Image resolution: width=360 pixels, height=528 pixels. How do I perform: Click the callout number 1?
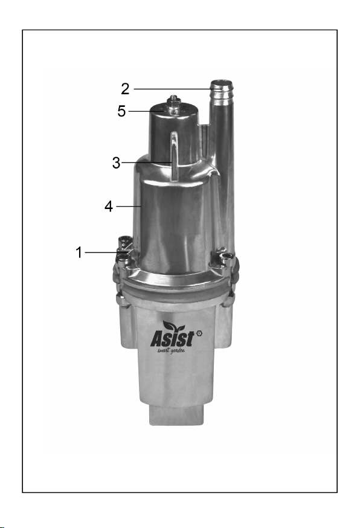click(x=79, y=253)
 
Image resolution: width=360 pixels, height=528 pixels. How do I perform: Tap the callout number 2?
click(x=125, y=89)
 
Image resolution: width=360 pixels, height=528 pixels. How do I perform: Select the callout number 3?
click(x=116, y=163)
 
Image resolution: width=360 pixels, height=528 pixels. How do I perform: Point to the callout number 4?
click(x=109, y=207)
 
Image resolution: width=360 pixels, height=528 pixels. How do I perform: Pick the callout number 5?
click(x=121, y=111)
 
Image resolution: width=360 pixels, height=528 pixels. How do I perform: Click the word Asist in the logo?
click(x=172, y=339)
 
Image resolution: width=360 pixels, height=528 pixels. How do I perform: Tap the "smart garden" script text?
click(x=172, y=350)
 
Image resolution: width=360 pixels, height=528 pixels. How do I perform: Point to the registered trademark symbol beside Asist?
click(x=199, y=333)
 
